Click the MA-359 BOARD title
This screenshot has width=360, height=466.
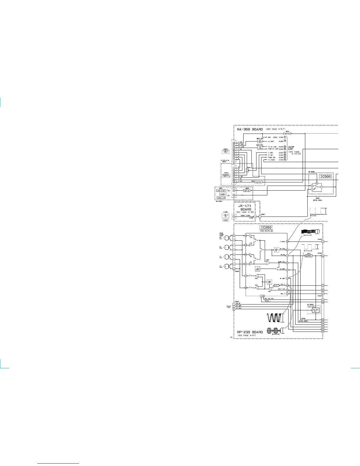[x=250, y=129]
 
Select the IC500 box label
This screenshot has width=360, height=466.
[x=325, y=177]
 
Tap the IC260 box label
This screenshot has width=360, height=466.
[x=266, y=227]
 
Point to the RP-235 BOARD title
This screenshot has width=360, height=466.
[x=250, y=332]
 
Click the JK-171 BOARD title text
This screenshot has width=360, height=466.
[x=244, y=208]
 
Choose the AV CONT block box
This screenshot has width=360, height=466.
[x=260, y=141]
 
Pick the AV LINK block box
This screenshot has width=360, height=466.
[x=260, y=148]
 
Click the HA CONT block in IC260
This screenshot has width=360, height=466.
[x=258, y=269]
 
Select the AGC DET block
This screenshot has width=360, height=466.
[x=269, y=282]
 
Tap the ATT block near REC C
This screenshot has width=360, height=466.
[x=276, y=285]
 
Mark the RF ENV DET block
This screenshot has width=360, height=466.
[x=315, y=310]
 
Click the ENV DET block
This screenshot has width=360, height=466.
[x=276, y=250]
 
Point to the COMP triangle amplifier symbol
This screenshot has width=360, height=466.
[x=268, y=263]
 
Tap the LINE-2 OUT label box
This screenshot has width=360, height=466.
[x=221, y=191]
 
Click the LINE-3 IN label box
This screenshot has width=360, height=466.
[x=221, y=198]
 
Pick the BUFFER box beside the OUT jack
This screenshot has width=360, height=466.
[x=247, y=191]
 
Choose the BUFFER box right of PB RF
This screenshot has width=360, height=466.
[x=308, y=256]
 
